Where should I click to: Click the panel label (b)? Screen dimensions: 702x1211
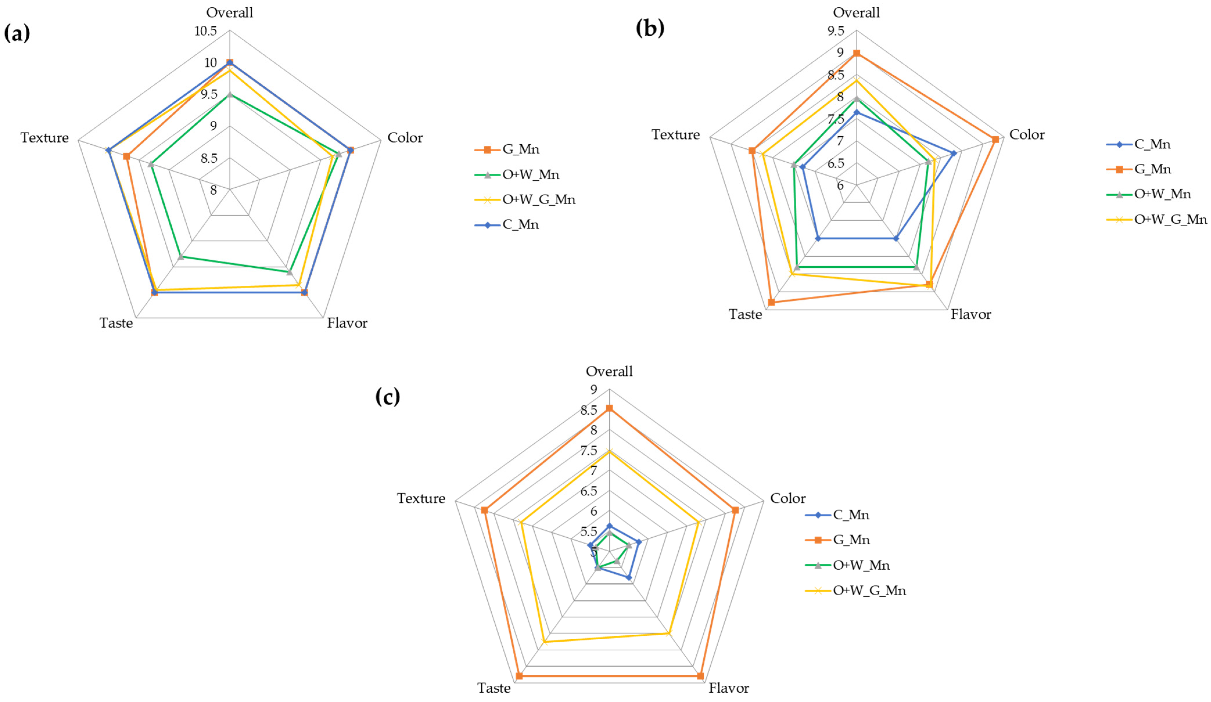(650, 29)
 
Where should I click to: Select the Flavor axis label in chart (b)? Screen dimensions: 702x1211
(971, 315)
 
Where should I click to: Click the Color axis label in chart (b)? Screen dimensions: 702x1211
(1027, 134)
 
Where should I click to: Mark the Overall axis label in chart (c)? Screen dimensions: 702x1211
(609, 371)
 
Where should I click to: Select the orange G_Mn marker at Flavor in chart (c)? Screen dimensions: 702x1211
(700, 676)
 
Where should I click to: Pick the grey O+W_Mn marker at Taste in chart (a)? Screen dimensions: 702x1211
(181, 257)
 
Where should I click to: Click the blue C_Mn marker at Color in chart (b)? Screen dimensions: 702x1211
(954, 153)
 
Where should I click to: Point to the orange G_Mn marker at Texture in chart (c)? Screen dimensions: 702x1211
(484, 510)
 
